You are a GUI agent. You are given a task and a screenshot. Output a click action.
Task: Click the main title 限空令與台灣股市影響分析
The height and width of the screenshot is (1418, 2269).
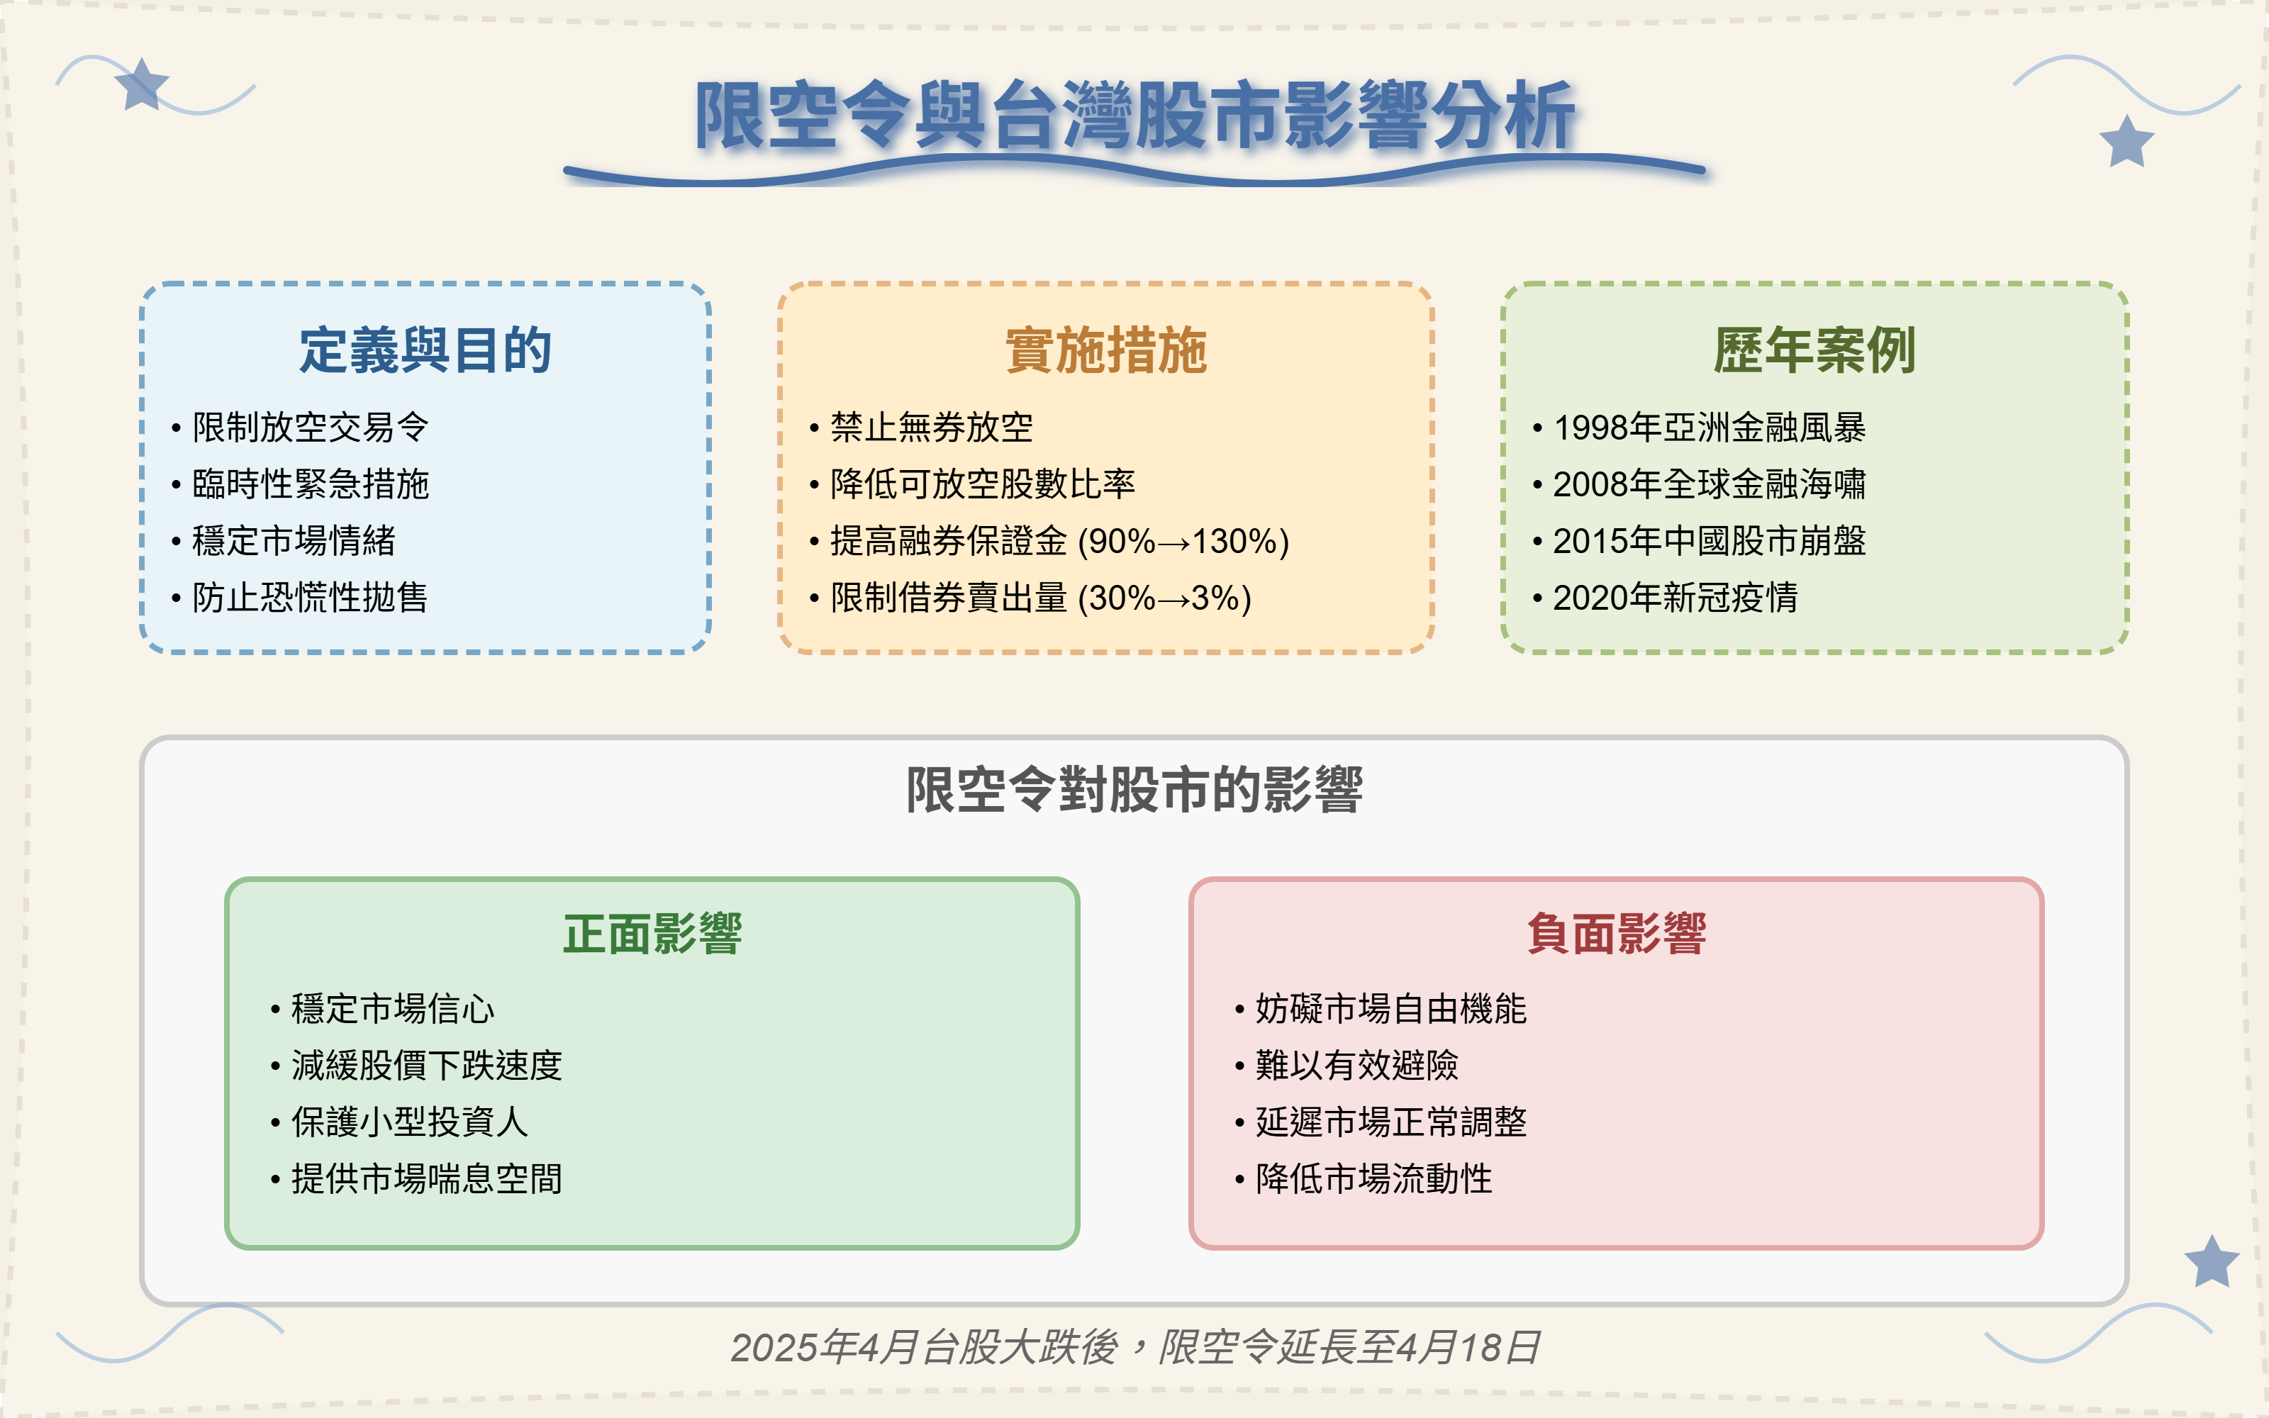click(1134, 116)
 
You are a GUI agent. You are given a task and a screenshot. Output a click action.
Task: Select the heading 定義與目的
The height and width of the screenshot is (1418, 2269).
click(425, 351)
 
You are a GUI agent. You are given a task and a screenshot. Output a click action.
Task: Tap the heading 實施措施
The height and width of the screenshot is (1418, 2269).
click(1105, 351)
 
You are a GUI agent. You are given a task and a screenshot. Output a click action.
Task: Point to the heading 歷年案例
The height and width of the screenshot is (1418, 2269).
click(1814, 351)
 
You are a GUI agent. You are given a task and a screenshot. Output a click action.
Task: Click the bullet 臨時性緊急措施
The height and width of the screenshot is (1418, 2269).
click(309, 484)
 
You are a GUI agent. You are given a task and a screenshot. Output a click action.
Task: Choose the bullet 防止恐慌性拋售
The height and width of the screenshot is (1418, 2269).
click(309, 598)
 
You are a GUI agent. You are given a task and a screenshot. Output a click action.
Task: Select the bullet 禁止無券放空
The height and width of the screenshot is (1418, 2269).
click(931, 428)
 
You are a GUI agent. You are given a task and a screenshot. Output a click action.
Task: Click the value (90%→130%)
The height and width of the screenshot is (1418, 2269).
click(1183, 541)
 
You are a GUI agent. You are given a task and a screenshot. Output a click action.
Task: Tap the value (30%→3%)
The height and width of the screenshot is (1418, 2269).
click(1164, 598)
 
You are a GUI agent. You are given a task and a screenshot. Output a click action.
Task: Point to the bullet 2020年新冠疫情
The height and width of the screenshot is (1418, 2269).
click(1675, 598)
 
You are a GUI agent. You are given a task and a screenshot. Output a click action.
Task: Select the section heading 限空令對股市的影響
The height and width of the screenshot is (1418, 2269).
click(1134, 790)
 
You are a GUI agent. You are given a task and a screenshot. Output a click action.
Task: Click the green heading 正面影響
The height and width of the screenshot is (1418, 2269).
click(652, 934)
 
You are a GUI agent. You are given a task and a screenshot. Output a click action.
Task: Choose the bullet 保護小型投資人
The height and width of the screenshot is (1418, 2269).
click(409, 1122)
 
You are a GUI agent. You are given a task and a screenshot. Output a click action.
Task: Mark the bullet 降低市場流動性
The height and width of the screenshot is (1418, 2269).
click(1373, 1179)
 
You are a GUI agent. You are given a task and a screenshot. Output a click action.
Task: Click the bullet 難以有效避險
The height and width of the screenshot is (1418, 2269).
click(1356, 1066)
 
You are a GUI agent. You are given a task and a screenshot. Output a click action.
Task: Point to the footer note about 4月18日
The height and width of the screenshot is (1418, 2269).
click(1134, 1348)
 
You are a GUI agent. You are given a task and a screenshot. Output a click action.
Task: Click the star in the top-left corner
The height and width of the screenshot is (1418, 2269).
click(140, 85)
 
